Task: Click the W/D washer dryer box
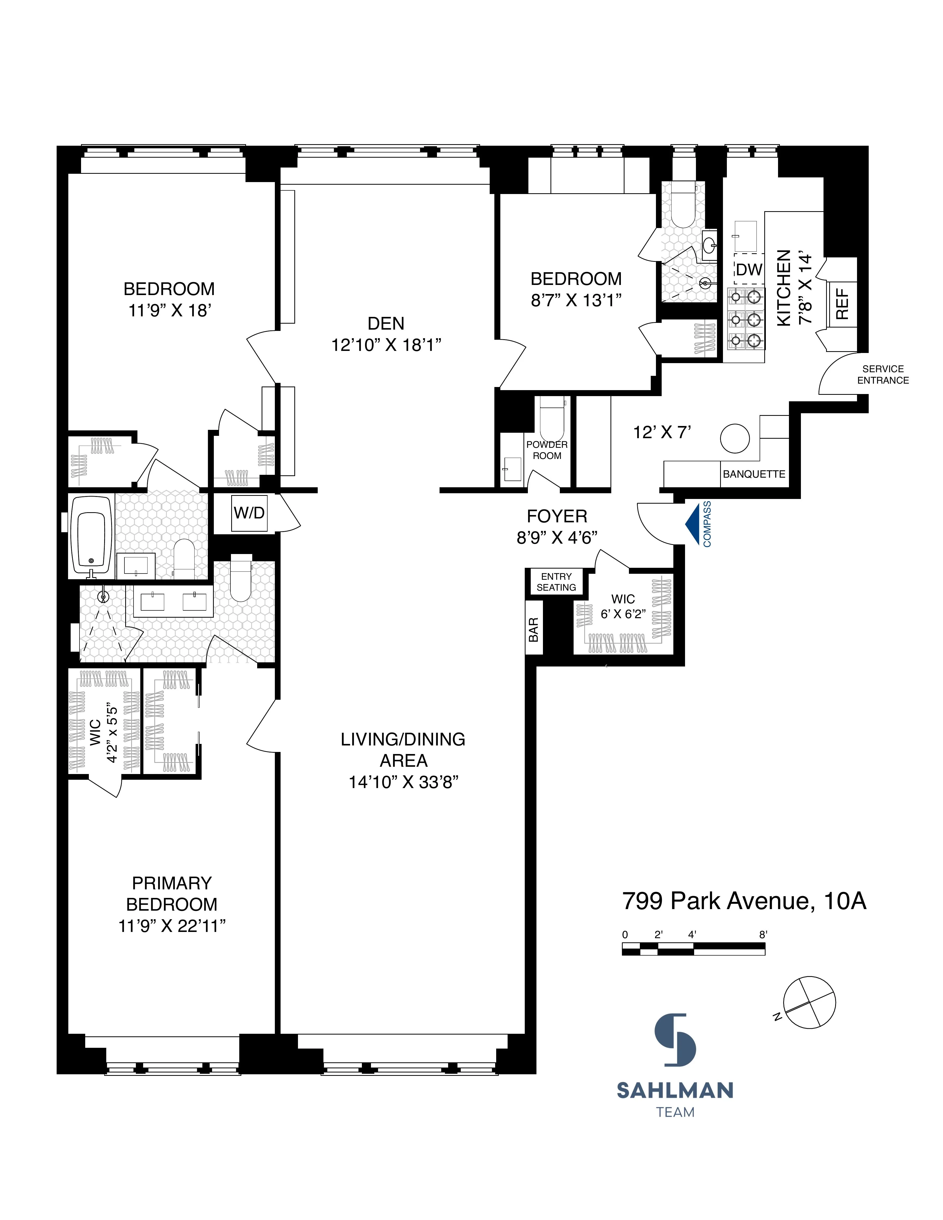[249, 513]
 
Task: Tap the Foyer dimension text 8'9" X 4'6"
[557, 537]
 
